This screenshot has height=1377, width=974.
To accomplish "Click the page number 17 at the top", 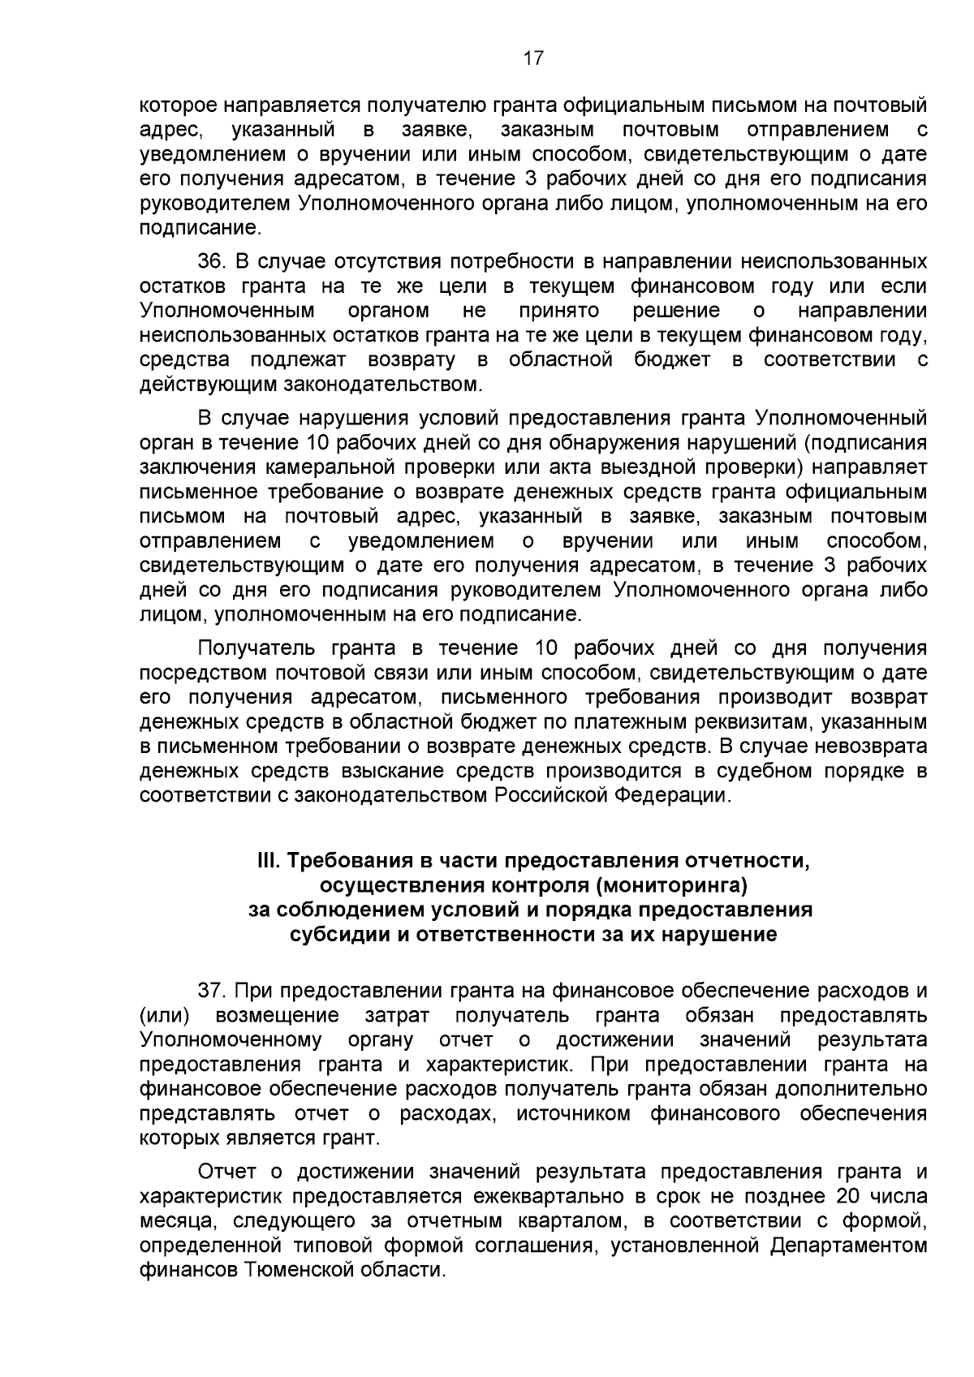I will (532, 58).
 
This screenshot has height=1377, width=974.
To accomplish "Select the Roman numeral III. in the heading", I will (265, 860).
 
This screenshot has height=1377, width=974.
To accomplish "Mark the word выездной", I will (640, 467).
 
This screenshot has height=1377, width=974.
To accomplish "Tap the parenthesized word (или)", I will (165, 1016).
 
